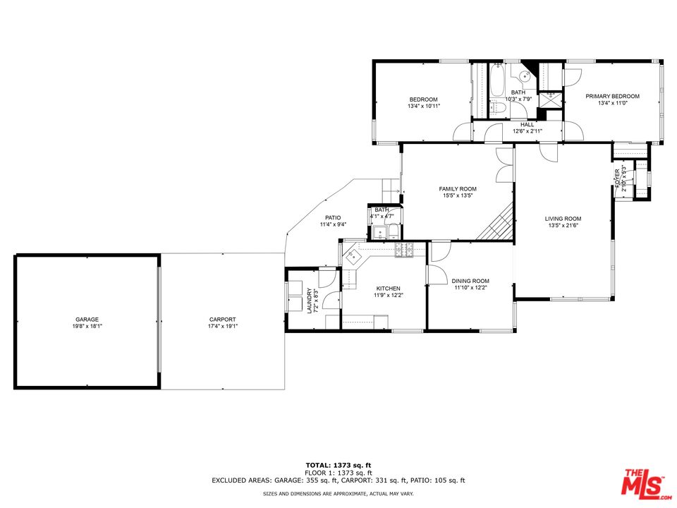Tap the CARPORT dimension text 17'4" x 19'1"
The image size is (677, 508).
tap(222, 326)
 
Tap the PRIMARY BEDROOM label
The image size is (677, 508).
tap(612, 97)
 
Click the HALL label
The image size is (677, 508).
tap(527, 124)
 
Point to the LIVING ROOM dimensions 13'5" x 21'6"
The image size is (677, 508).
tap(563, 226)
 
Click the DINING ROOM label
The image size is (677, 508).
tap(470, 281)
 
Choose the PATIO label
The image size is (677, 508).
tap(333, 217)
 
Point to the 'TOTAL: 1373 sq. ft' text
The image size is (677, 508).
tap(338, 466)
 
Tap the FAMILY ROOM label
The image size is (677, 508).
tap(458, 189)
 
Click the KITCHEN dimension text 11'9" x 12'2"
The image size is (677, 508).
tap(388, 296)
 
